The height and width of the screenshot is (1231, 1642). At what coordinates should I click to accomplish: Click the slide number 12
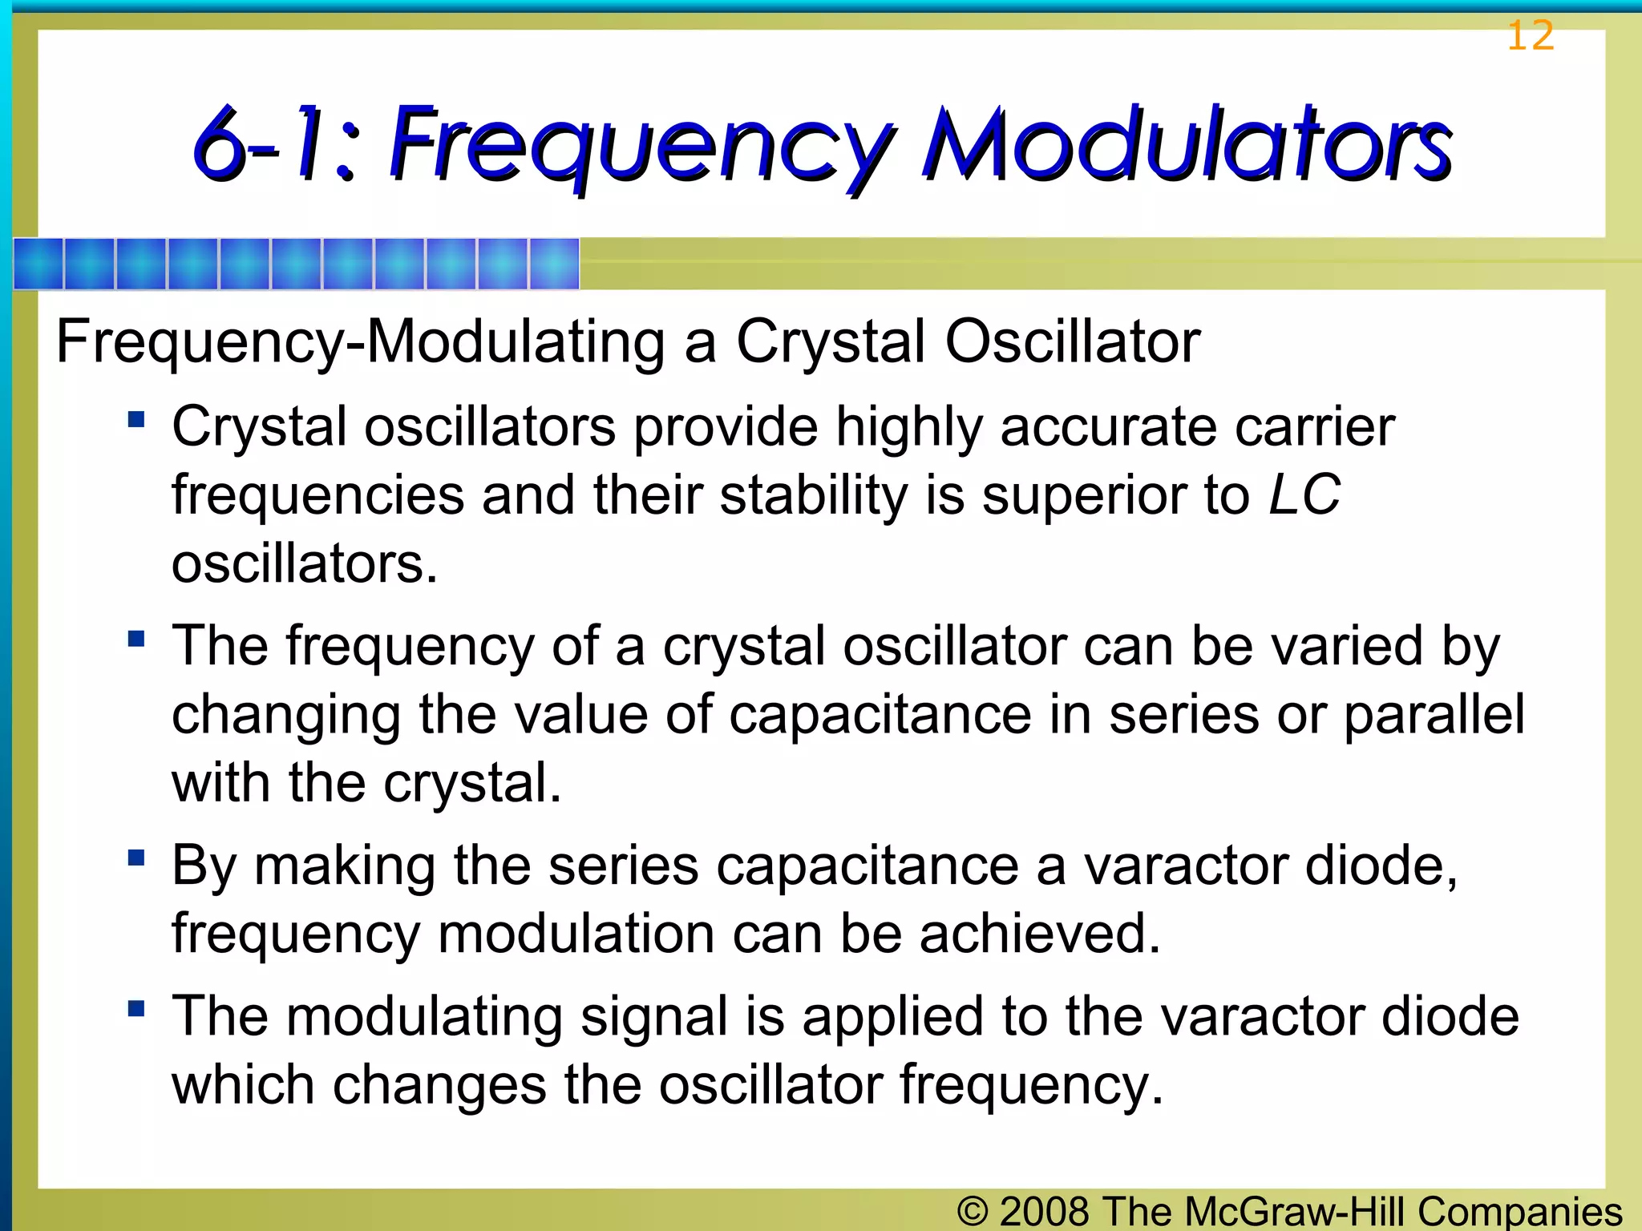1530,36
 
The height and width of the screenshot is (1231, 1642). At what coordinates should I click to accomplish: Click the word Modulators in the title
1187,144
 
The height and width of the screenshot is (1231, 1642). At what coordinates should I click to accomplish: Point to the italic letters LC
1304,494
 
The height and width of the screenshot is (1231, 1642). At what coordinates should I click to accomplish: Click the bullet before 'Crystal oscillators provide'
136,419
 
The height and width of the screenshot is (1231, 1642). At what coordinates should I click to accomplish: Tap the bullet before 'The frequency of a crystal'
136,639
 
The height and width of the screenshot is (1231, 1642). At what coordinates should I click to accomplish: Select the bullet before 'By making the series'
136,858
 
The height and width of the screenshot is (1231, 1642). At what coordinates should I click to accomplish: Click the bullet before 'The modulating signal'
136,1008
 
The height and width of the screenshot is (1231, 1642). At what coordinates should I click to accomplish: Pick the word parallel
1434,714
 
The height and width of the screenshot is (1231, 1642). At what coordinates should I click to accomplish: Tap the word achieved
1040,934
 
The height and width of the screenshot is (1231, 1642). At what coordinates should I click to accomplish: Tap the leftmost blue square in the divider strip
38,264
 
